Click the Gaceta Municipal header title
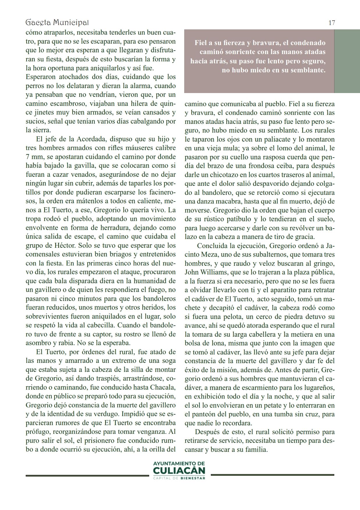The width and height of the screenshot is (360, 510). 57,22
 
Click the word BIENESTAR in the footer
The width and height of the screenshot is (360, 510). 193,478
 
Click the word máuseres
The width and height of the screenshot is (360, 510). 130,148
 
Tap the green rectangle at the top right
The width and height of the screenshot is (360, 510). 347,61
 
